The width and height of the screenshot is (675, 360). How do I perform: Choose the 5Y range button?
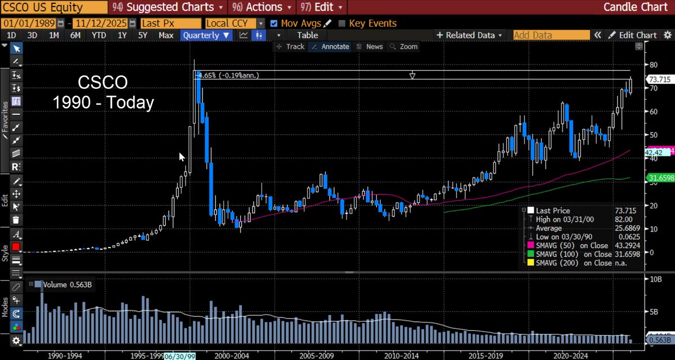point(143,35)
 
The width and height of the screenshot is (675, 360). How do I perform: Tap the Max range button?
point(166,35)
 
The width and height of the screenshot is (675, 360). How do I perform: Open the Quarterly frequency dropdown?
point(206,35)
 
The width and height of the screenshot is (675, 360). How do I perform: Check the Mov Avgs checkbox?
point(274,24)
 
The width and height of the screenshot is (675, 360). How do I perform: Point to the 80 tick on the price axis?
point(654,65)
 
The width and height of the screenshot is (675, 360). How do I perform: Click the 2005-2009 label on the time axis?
point(317,356)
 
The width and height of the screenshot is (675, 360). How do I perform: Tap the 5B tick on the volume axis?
point(654,311)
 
